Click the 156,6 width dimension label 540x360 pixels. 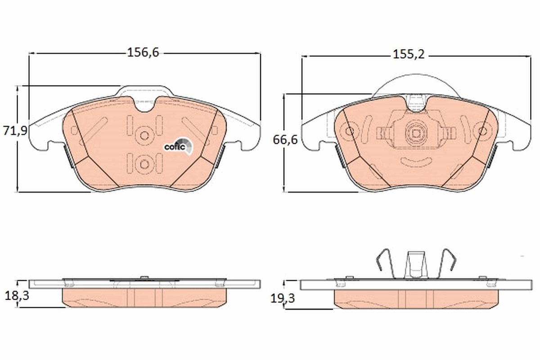143,53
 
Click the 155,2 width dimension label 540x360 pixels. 409,54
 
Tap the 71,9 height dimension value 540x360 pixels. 15,131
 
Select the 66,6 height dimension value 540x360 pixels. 285,140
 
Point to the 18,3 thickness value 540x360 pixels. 17,296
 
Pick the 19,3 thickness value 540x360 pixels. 283,299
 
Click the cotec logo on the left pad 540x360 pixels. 179,146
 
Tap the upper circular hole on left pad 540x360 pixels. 144,136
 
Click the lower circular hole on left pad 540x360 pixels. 144,164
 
